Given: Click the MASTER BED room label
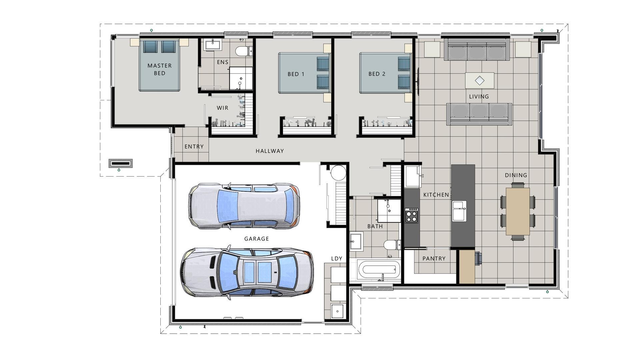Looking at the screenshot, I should pos(159,69).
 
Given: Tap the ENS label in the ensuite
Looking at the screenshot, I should pos(223,62).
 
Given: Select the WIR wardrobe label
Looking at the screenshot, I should pos(222,108).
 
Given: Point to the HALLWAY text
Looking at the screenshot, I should pos(270,151).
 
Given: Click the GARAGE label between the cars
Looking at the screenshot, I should pos(256,239).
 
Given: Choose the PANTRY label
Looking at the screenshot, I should pos(434,258).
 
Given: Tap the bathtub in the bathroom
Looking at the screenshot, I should pos(379,270).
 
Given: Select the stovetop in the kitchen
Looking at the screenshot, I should pos(412,215).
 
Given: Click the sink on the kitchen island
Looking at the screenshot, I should pos(459,211).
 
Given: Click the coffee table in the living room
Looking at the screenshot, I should pos(479,80).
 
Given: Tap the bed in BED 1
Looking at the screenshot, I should pos(303,73).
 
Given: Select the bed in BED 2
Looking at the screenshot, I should pos(384,73).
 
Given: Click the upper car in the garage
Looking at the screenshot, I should pos(244,206).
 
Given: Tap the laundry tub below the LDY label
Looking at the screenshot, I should pos(337,311).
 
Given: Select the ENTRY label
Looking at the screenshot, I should pos(194,147).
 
